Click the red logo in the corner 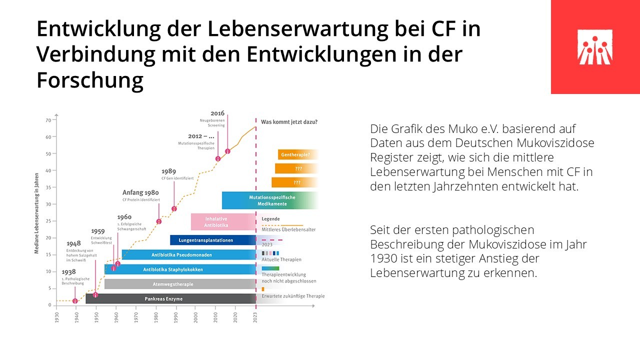coord(595,47)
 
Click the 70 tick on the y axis coord(48,120)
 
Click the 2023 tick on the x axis coord(256,318)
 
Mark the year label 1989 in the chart coord(168,171)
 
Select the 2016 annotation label coord(217,113)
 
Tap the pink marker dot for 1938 coord(75,301)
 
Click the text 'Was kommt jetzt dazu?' coord(289,121)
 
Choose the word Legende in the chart coord(270,219)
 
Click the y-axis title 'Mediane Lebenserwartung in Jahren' coord(37,211)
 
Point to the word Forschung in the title coord(90,80)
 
